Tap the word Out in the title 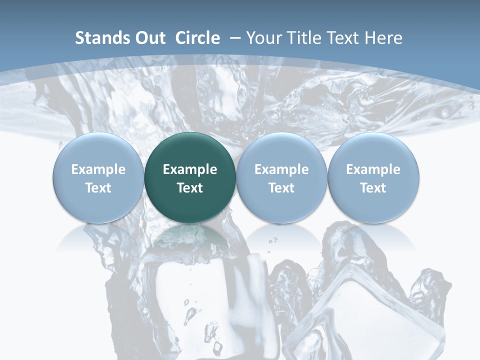149,38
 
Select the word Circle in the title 197,38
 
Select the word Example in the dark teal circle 190,169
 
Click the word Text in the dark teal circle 190,188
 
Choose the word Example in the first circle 98,169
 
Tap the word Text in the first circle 98,188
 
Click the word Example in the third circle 281,169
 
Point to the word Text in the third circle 281,188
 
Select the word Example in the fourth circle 373,169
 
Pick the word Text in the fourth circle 373,188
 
